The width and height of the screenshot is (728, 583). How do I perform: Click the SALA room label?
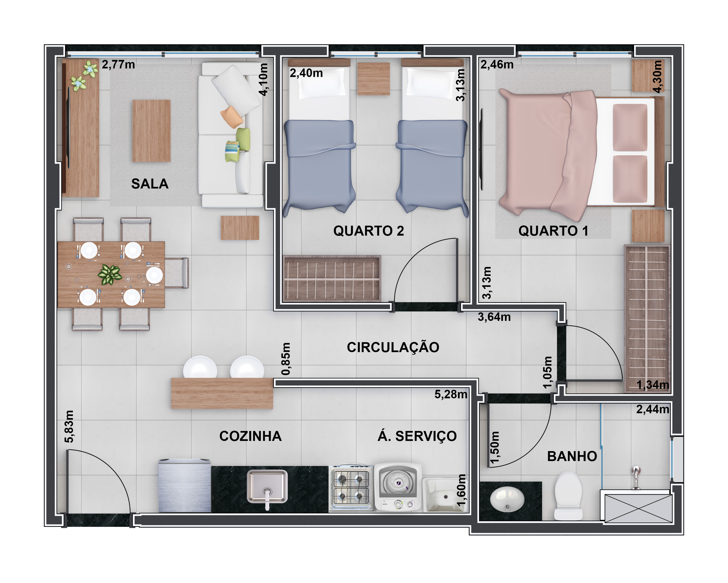(150, 184)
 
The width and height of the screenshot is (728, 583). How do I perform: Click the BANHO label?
(572, 456)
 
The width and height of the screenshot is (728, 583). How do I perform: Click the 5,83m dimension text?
(69, 426)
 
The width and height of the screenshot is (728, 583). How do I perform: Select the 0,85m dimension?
(286, 359)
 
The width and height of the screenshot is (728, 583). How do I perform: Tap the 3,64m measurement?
(494, 317)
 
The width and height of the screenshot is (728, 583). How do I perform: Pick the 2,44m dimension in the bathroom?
(652, 409)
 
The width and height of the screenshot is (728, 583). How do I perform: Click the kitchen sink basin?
(267, 486)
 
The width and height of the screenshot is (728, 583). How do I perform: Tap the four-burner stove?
(351, 487)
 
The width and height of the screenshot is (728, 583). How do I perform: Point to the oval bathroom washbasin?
(507, 499)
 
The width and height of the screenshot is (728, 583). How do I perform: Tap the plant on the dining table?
(110, 274)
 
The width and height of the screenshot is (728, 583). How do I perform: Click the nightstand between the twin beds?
(373, 78)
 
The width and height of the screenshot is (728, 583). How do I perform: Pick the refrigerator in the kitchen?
(184, 485)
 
